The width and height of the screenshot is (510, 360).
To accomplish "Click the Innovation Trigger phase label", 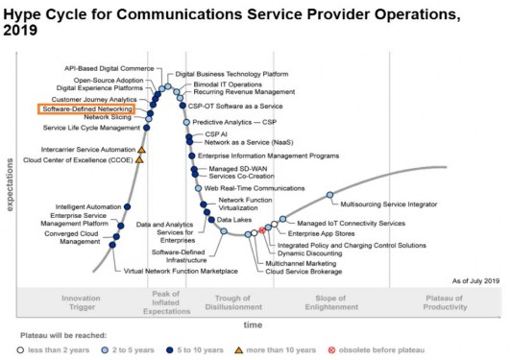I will (x=81, y=302).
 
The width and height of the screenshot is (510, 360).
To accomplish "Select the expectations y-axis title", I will (x=9, y=178).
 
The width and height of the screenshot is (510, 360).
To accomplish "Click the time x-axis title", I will (x=252, y=326).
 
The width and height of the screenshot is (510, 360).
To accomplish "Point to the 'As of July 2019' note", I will (x=476, y=279).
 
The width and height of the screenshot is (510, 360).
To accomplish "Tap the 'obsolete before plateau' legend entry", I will (x=377, y=349).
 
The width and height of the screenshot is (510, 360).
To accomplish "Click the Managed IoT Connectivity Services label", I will (x=336, y=222).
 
